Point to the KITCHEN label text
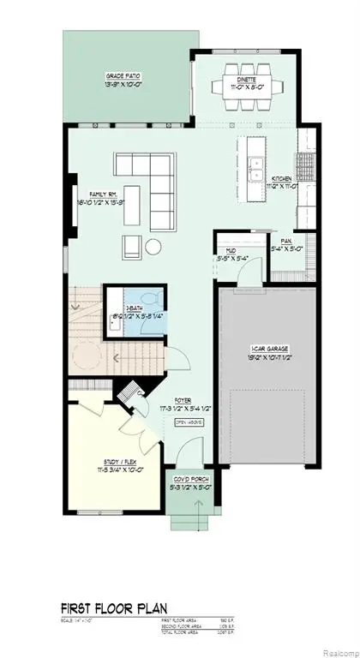[284, 179]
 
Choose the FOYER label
[183, 400]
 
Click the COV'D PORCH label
[188, 480]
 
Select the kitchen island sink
[255, 165]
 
